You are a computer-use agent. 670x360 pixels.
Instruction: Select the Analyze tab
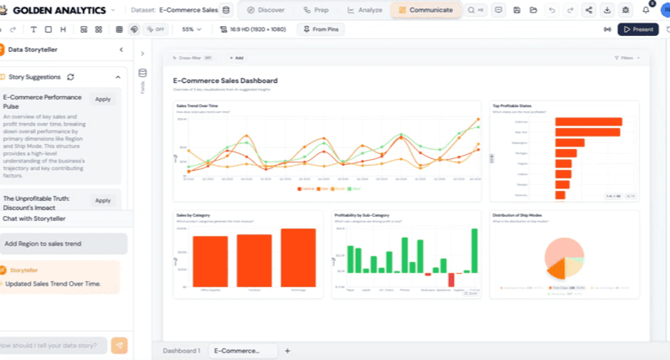[x=364, y=10]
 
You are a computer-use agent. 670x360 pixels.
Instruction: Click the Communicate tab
[x=425, y=10]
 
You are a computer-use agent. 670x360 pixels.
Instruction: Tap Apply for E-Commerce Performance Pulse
[x=102, y=99]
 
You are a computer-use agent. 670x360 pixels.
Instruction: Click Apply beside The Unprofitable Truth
[x=102, y=200]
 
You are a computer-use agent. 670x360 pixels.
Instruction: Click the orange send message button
[x=121, y=345]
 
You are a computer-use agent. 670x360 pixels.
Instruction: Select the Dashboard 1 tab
[x=182, y=351]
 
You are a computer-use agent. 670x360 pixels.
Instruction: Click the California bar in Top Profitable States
[x=588, y=122]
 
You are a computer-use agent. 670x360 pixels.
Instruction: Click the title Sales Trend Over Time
[x=197, y=106]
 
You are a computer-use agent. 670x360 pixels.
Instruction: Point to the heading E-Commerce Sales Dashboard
[x=225, y=80]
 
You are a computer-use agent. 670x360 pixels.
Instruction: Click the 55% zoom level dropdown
[x=192, y=28]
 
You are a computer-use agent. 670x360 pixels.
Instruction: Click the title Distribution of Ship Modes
[x=524, y=215]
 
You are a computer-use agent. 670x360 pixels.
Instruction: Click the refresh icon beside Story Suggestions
[x=71, y=77]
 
